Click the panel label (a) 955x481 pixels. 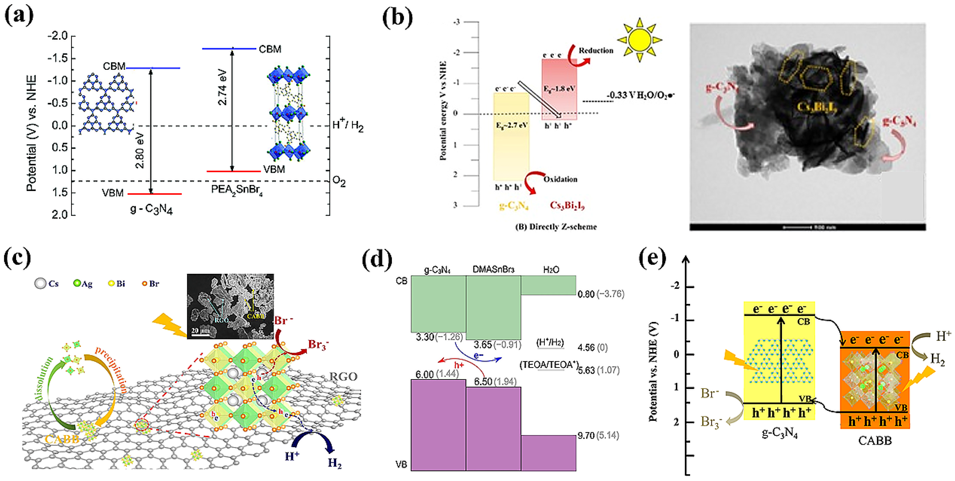pyautogui.click(x=19, y=15)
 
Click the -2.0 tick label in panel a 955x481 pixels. pyautogui.click(x=57, y=36)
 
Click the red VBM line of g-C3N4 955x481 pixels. pyautogui.click(x=155, y=194)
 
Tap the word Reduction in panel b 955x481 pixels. pyautogui.click(x=596, y=50)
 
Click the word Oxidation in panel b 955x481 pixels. pyautogui.click(x=560, y=179)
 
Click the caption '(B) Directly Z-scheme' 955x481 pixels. pyautogui.click(x=556, y=227)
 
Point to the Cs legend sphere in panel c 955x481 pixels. pyautogui.click(x=40, y=284)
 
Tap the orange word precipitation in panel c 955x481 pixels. pyautogui.click(x=111, y=369)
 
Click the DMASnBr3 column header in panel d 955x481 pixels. pyautogui.click(x=494, y=269)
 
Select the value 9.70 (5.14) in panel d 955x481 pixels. pyautogui.click(x=598, y=435)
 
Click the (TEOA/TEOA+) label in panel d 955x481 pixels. pyautogui.click(x=549, y=365)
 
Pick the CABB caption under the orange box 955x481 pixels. pyautogui.click(x=875, y=441)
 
